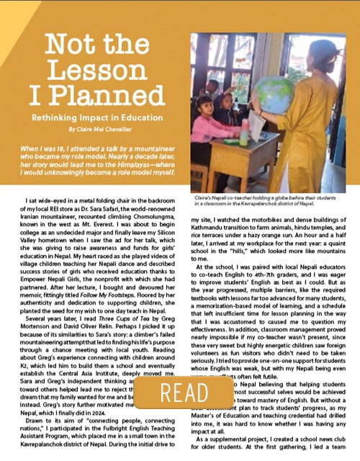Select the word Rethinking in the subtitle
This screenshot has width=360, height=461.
tap(61, 117)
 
